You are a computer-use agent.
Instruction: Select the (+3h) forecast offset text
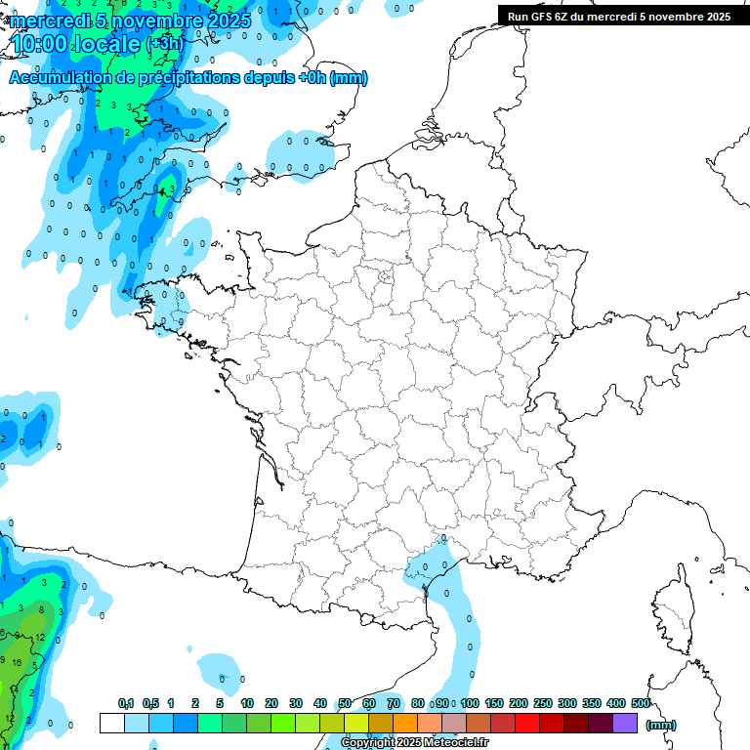[164, 44]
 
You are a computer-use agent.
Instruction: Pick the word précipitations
[185, 78]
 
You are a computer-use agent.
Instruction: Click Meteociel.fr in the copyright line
[453, 743]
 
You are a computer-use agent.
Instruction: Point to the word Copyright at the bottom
[370, 743]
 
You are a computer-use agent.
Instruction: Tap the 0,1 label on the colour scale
[126, 704]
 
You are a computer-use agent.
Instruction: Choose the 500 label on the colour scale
[641, 704]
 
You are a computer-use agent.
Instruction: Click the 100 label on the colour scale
[470, 704]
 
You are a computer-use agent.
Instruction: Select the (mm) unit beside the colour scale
[661, 725]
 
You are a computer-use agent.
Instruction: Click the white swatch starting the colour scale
[111, 723]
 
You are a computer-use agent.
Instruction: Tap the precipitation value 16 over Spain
[18, 661]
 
